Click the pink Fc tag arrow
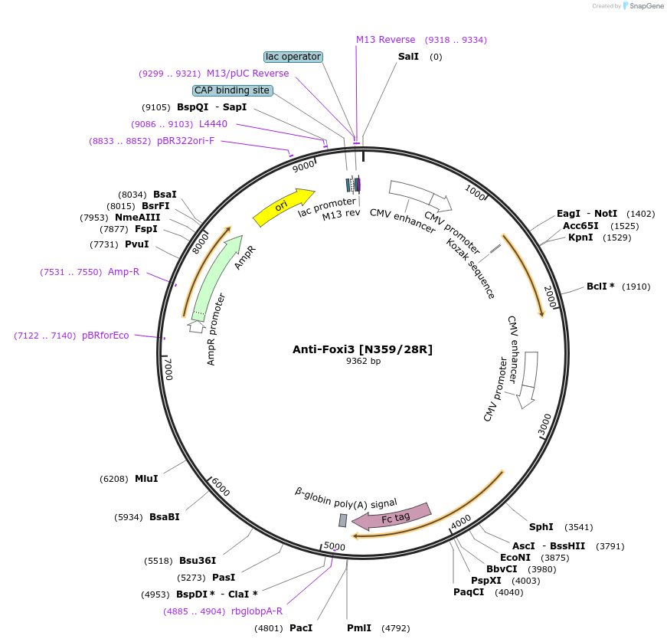tap(391, 516)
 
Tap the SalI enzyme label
tap(408, 57)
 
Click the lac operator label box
tap(293, 57)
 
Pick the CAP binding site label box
tap(232, 90)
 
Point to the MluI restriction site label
tap(146, 479)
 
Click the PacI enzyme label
tap(301, 628)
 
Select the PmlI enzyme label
tap(359, 628)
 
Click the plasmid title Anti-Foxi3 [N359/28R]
tap(362, 349)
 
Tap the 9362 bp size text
tap(363, 362)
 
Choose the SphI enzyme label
tap(541, 527)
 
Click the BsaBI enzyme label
tap(165, 517)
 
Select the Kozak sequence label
tap(471, 268)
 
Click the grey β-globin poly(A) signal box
tap(343, 520)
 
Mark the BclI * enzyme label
tap(601, 287)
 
